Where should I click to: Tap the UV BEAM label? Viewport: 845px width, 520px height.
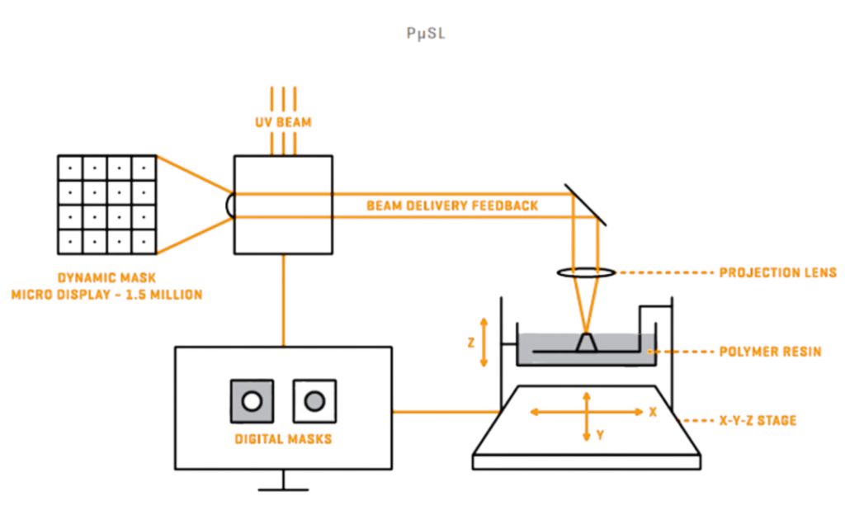coord(283,122)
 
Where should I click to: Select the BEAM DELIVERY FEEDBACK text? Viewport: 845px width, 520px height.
coord(452,206)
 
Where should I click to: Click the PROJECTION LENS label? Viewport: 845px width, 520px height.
coord(778,272)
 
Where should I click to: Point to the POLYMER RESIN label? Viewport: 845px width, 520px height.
coord(771,352)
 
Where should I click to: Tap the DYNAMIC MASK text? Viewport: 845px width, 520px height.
coord(106,279)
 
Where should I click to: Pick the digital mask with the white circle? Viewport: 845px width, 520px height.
coord(252,401)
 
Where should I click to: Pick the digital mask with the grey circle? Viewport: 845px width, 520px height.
coord(314,401)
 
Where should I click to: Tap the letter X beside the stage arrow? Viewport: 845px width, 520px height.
coord(653,412)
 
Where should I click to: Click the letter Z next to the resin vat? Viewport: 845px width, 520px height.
coord(471,342)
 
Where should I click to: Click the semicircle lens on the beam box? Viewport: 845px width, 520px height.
coord(230,206)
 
